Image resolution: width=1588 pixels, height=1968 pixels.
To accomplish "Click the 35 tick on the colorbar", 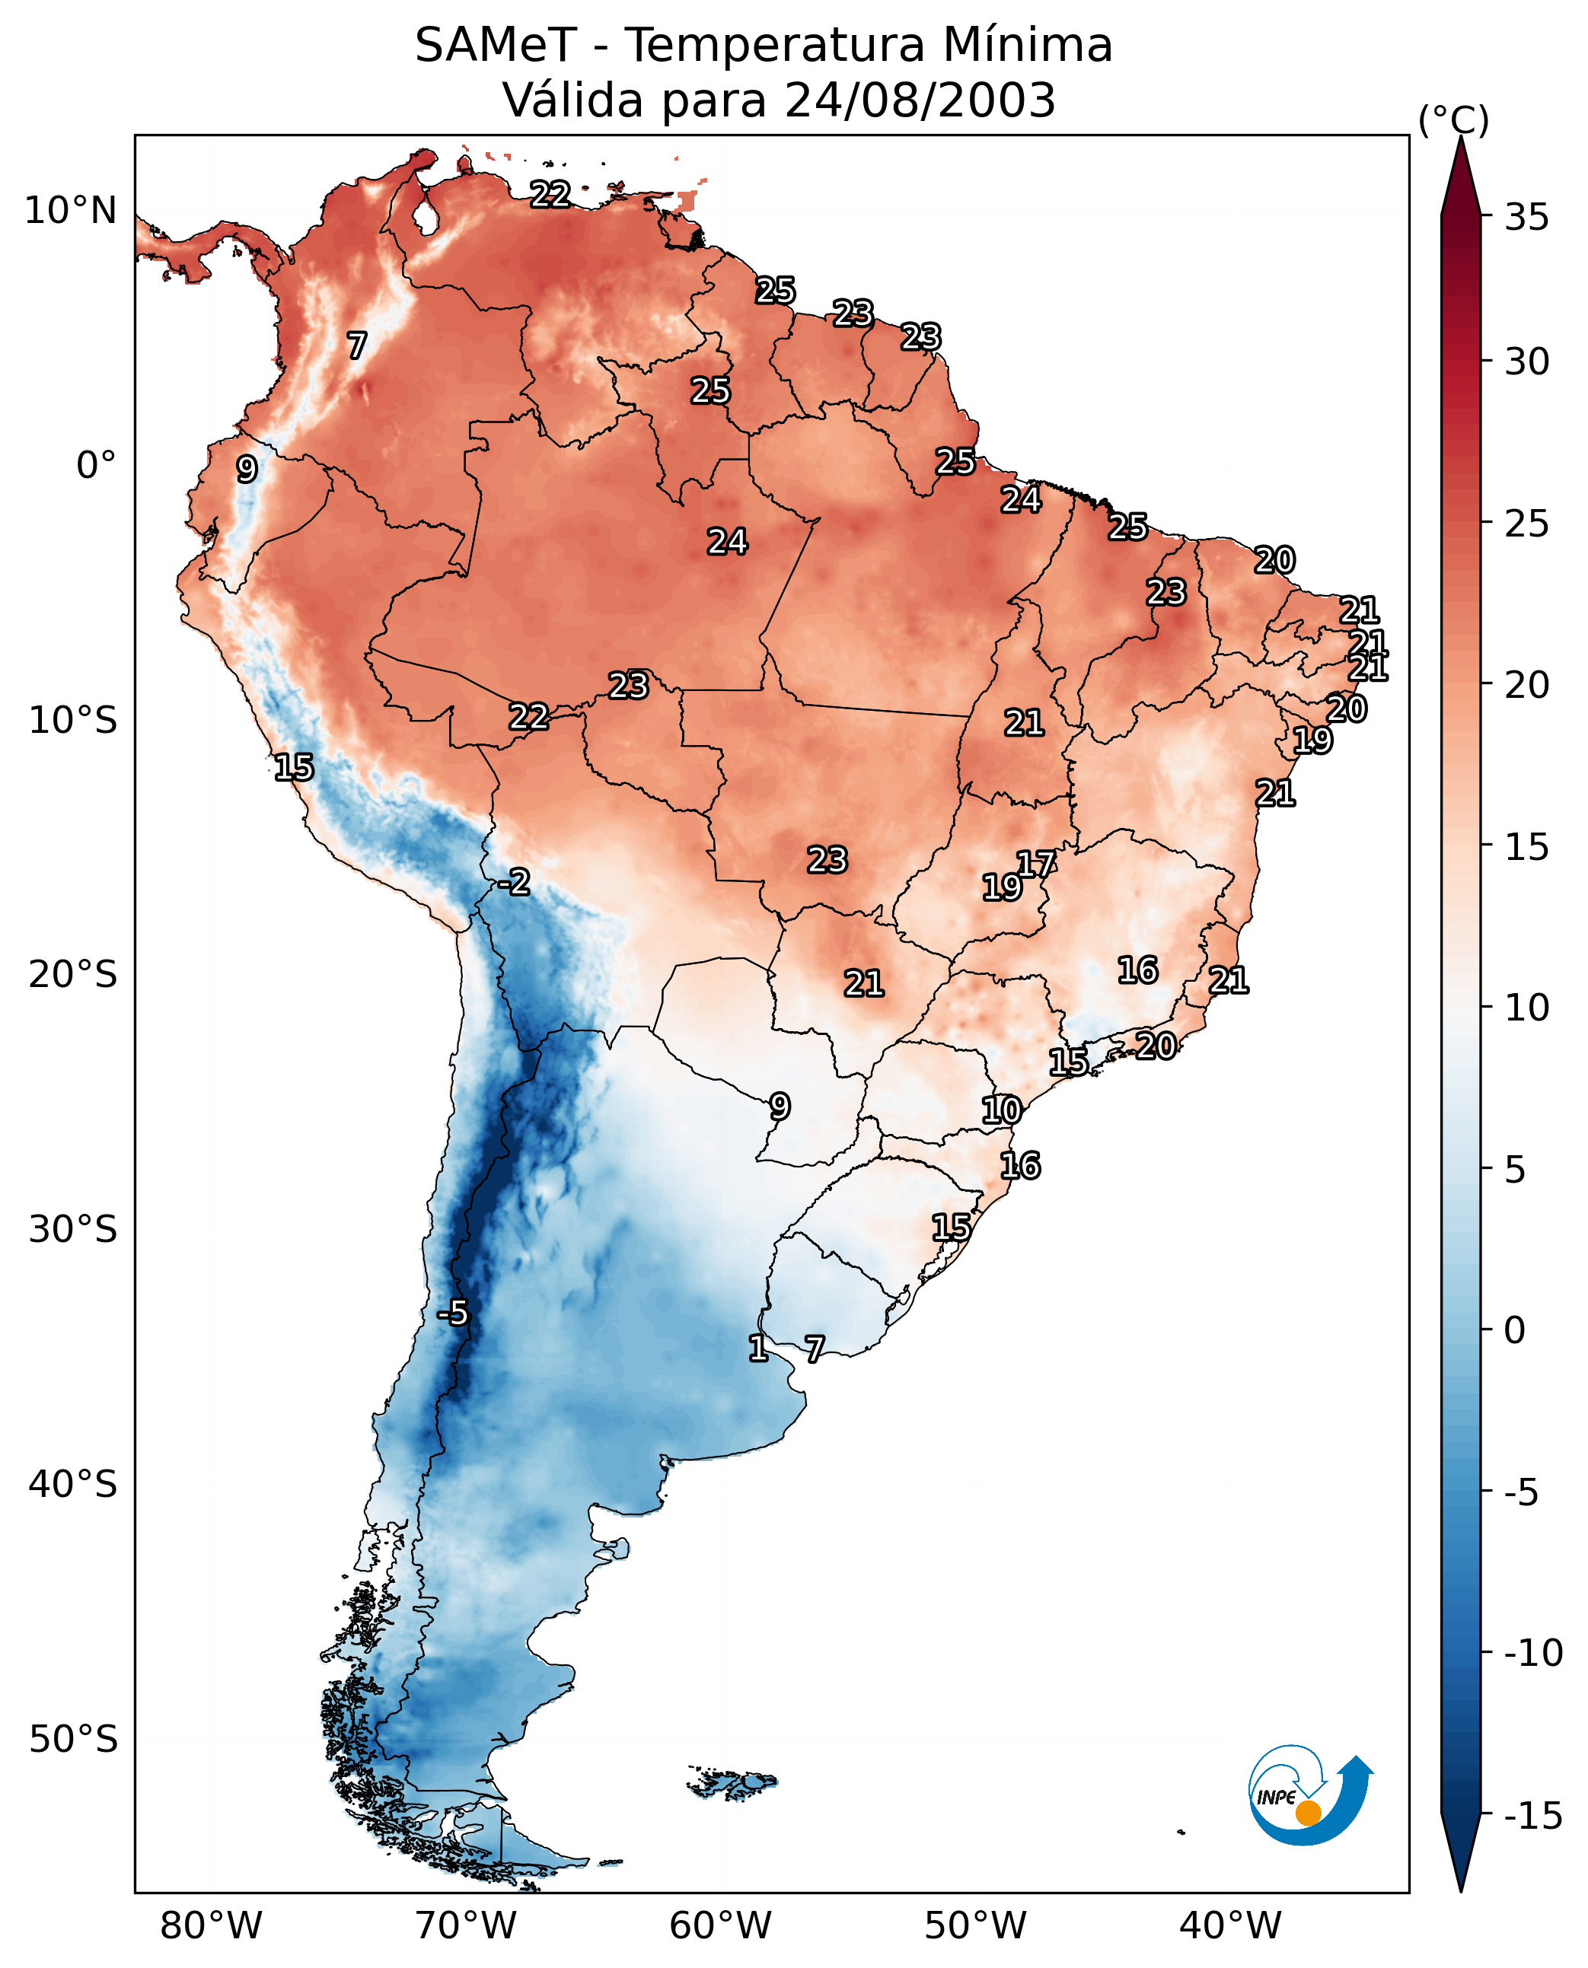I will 1526,218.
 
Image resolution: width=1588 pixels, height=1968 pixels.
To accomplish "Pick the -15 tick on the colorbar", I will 1533,1817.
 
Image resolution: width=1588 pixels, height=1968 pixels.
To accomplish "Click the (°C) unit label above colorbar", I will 1453,119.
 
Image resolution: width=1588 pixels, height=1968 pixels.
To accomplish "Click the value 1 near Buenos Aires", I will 758,1348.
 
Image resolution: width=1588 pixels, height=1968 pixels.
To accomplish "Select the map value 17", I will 1036,865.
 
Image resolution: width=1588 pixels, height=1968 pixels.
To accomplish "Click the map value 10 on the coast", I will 1001,1110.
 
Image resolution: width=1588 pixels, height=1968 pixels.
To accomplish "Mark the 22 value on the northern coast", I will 550,194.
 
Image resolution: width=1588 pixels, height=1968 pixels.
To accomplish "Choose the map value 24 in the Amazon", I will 727,543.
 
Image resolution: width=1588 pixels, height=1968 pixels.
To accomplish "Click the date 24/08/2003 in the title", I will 920,100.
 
